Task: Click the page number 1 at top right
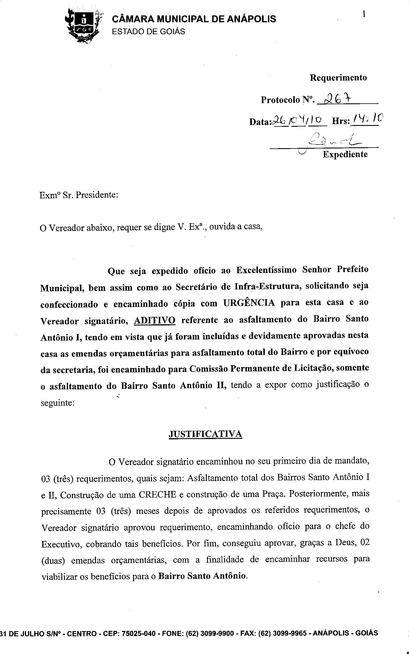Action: tap(364, 14)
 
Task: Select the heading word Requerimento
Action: tap(338, 78)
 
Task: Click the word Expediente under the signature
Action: tap(345, 154)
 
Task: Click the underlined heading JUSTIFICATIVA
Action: tap(205, 434)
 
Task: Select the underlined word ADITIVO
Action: tap(155, 320)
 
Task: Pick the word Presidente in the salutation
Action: tap(96, 195)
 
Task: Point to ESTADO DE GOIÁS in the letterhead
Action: tap(148, 31)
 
